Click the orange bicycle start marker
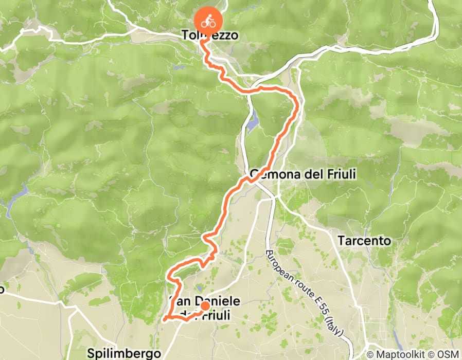click(x=208, y=22)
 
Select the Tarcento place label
click(x=364, y=241)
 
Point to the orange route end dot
click(x=204, y=307)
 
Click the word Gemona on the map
click(x=272, y=175)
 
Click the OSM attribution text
click(x=449, y=354)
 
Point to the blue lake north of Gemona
click(x=252, y=123)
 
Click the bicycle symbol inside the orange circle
click(x=208, y=22)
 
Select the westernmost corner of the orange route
click(x=165, y=319)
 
